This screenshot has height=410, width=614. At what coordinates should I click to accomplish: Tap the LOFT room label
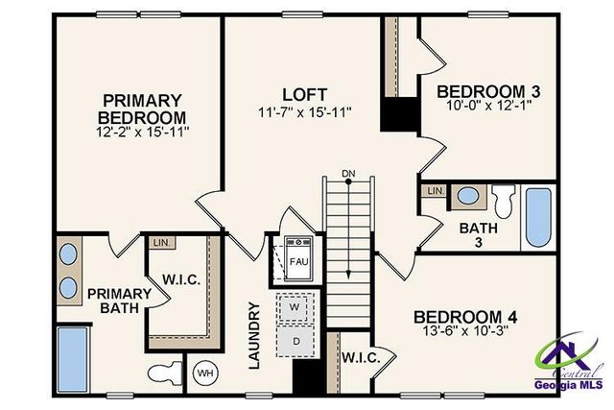[304, 95]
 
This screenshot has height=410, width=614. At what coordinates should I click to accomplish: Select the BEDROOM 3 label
[488, 92]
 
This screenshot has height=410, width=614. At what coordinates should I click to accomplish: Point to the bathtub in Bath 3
[538, 218]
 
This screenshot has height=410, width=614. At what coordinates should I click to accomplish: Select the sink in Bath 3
[468, 197]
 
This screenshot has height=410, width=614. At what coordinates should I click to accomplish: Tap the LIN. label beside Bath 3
[435, 191]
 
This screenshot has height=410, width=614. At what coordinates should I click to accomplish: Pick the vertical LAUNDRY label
[254, 335]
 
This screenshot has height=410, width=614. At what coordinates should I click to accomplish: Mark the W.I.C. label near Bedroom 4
[361, 357]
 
